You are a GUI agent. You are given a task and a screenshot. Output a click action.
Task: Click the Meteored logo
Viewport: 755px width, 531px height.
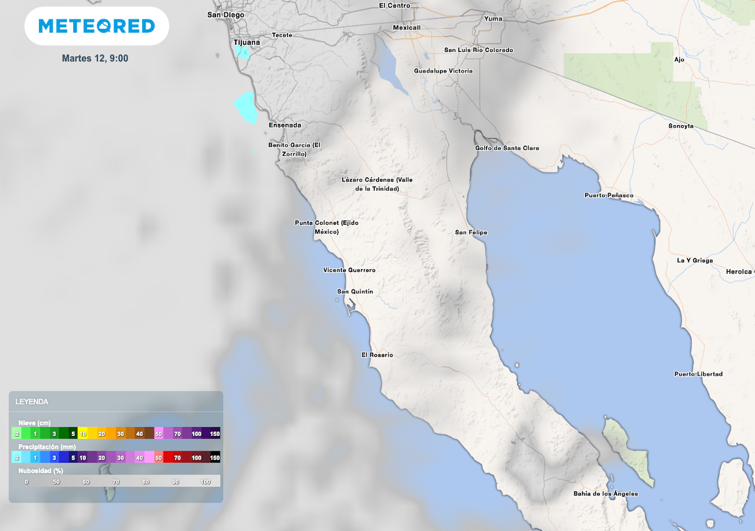tap(97, 26)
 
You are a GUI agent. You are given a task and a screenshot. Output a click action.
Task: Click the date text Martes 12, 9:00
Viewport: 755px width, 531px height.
tap(95, 58)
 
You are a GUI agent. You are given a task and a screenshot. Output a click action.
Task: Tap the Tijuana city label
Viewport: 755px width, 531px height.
tap(247, 42)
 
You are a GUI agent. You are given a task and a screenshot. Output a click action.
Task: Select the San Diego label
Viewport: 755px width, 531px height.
tap(226, 15)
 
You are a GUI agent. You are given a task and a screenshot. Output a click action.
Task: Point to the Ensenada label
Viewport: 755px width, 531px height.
tap(285, 125)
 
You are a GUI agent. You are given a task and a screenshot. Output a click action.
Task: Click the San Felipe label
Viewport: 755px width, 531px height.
tap(471, 232)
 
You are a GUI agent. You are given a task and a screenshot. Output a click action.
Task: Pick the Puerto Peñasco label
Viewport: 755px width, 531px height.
tap(609, 195)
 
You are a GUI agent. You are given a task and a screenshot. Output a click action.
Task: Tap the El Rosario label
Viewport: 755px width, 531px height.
tap(377, 355)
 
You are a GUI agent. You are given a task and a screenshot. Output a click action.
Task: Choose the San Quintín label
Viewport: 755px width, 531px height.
tap(355, 291)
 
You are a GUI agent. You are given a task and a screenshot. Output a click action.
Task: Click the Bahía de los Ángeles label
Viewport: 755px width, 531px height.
tap(606, 494)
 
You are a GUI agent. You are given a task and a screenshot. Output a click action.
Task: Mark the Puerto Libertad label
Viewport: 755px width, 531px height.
tap(698, 374)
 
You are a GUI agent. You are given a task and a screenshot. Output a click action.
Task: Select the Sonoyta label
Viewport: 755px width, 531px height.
tap(681, 126)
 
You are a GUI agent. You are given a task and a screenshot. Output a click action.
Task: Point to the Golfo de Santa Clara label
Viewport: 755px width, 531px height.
tap(507, 148)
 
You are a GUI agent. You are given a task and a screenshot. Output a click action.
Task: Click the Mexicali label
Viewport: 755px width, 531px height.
tap(407, 28)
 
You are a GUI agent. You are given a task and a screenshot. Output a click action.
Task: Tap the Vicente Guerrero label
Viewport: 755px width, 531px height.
tap(349, 270)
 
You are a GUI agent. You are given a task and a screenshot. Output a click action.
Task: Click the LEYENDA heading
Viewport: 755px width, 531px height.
tap(32, 402)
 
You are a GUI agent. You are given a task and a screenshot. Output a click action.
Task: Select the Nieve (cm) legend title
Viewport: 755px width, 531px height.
tap(34, 423)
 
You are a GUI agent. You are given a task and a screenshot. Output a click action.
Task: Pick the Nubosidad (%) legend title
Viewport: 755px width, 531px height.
tap(41, 471)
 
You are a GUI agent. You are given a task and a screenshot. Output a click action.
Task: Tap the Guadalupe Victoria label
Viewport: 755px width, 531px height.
tap(443, 71)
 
